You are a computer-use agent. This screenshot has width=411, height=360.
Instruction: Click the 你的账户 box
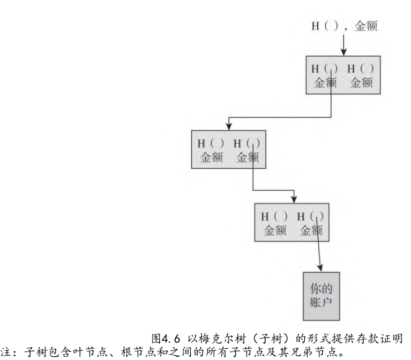point(322,295)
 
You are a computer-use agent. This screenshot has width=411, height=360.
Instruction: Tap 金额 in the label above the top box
point(366,26)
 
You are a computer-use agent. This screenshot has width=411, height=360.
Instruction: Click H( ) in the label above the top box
point(325,26)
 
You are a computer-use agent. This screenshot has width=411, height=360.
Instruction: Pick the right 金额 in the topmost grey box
point(361,82)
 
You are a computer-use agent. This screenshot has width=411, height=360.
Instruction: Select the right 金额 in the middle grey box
point(247,157)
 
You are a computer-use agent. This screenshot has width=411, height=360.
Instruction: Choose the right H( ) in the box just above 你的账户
point(310,217)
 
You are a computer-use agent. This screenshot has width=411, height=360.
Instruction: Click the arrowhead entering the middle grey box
point(229,127)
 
